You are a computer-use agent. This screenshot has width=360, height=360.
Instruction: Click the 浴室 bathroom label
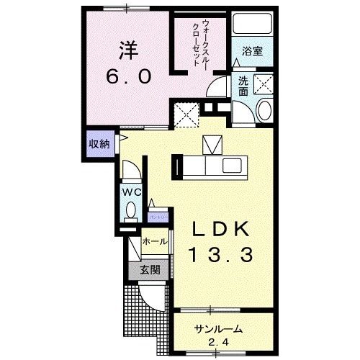coord(251,53)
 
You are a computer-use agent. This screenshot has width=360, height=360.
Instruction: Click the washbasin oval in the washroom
coord(264,110)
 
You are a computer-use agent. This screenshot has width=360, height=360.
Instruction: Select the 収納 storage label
coord(100,143)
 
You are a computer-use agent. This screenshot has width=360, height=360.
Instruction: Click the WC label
coord(132,192)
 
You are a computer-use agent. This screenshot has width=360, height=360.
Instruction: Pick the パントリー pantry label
coord(157,215)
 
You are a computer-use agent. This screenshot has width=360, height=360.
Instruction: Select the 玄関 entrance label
coord(150,271)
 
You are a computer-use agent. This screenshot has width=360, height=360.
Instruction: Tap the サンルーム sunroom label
coord(218,328)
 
